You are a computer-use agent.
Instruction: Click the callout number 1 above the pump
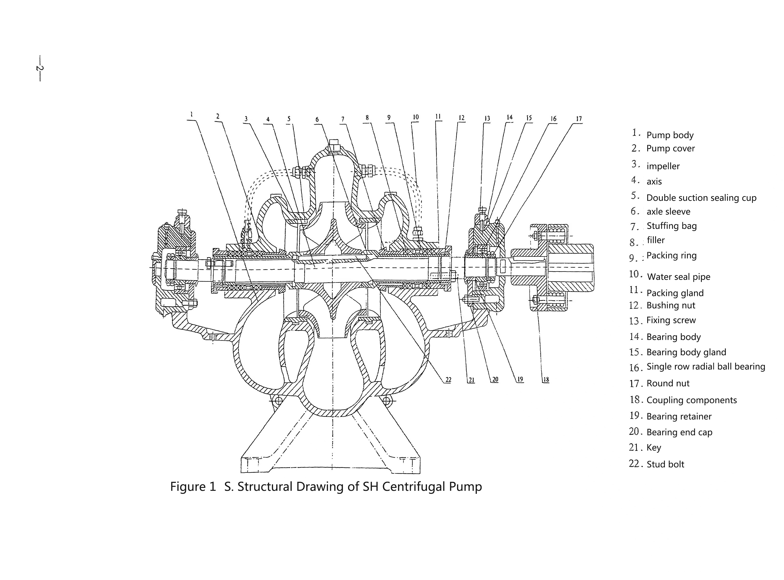point(191,114)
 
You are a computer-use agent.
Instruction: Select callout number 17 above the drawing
point(579,119)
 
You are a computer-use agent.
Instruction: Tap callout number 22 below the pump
point(448,380)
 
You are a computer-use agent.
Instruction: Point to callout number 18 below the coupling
point(546,380)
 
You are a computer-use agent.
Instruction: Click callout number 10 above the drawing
point(416,117)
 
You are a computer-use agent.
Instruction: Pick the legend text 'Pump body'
point(670,135)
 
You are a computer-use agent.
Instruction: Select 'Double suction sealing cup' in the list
point(701,198)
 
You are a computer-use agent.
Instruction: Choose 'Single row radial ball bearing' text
point(706,367)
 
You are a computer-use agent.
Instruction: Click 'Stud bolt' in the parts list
point(665,464)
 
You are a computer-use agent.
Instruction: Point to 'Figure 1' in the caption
point(193,487)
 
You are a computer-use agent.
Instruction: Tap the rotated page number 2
point(39,68)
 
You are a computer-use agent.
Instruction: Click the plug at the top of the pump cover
point(334,146)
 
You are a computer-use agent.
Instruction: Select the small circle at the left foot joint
point(278,400)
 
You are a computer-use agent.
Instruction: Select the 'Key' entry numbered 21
point(654,448)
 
